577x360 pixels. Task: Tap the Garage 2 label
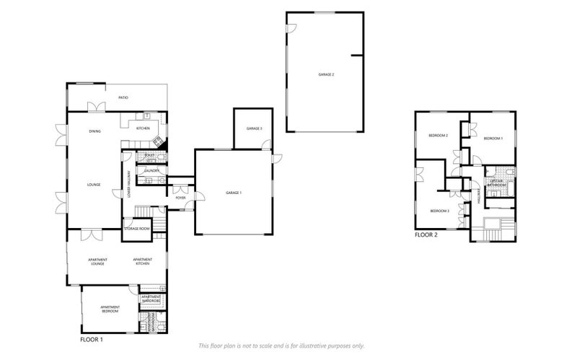point(326,74)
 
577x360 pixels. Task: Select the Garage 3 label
point(254,128)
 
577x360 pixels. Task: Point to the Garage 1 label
point(233,193)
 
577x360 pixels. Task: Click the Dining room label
point(94,131)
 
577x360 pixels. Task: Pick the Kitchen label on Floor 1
point(143,128)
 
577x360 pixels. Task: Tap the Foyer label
point(180,197)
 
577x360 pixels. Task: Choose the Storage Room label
point(137,229)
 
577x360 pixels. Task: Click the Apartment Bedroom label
point(110,309)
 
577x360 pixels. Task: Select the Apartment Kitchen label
point(141,261)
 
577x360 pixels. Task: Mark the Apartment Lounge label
point(97,261)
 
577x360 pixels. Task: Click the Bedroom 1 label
point(493,137)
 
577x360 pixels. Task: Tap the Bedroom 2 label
point(439,136)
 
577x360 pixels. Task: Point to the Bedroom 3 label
point(439,211)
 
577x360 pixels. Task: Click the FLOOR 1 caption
point(92,338)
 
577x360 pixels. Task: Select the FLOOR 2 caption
point(426,234)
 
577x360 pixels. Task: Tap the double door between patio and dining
point(96,107)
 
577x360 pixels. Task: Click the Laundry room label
point(151,171)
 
